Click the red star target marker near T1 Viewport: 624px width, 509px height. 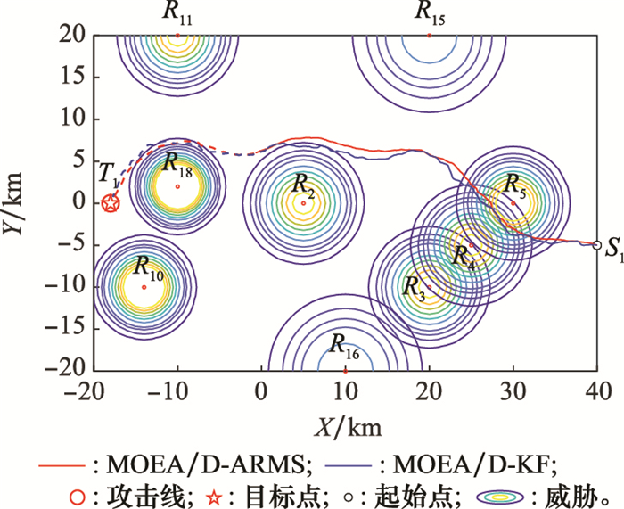pyautogui.click(x=110, y=203)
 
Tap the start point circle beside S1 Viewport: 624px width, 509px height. pyautogui.click(x=597, y=244)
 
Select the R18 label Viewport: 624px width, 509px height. pyautogui.click(x=177, y=162)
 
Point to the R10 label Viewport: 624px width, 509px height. pyautogui.click(x=149, y=265)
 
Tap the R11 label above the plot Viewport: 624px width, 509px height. pyautogui.click(x=177, y=12)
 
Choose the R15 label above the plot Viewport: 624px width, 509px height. pyautogui.click(x=430, y=12)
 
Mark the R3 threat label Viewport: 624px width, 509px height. pyautogui.click(x=415, y=287)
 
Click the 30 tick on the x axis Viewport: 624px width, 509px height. pyautogui.click(x=513, y=391)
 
